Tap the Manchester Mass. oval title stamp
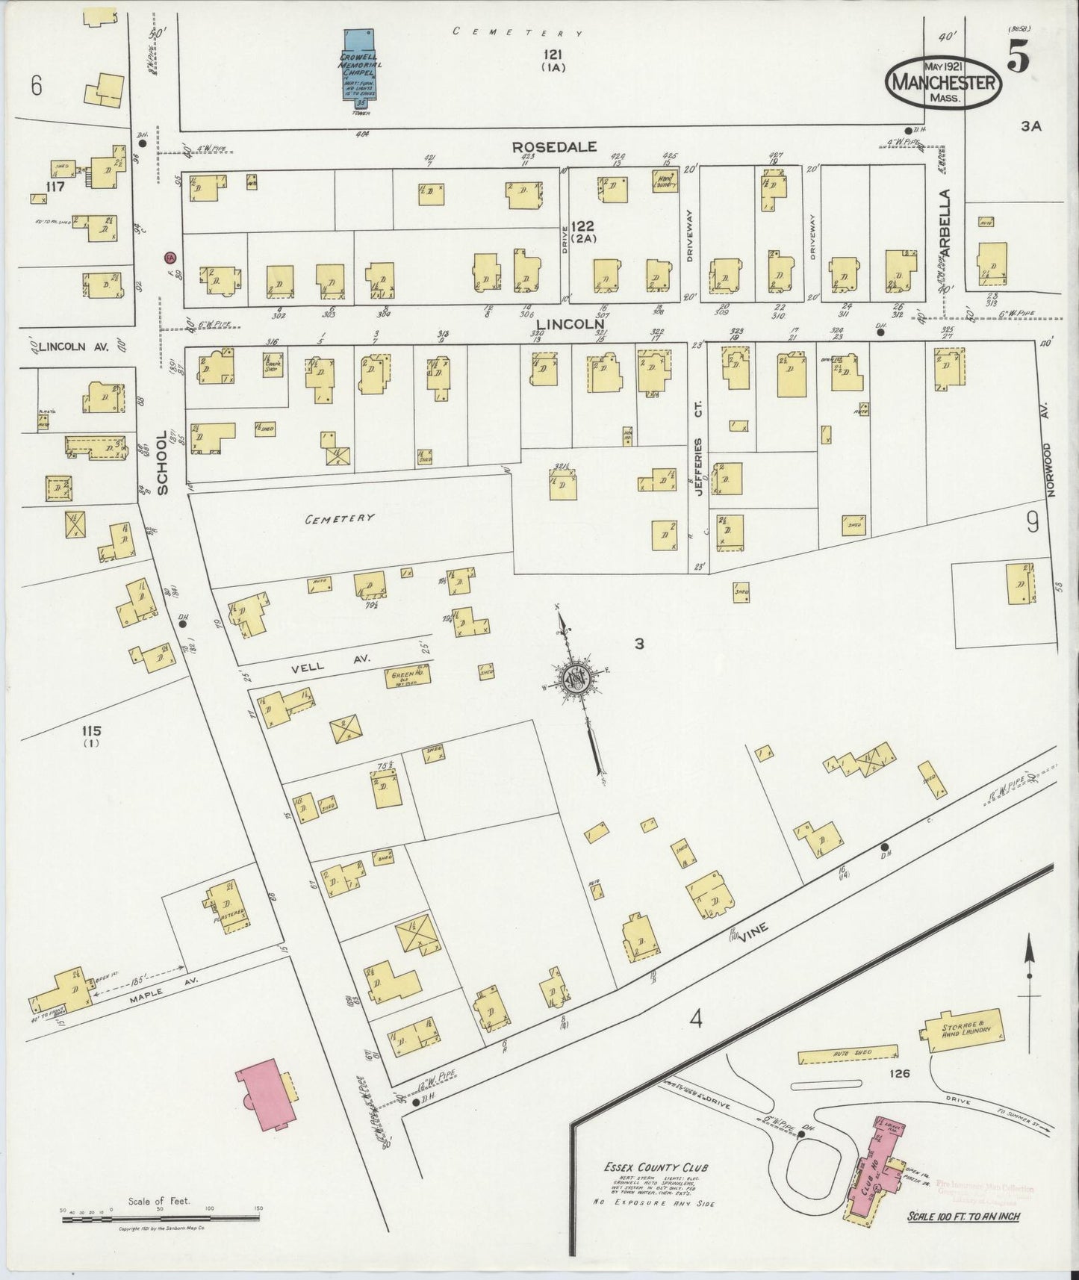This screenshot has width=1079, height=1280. [x=944, y=83]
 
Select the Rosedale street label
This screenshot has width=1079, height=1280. [x=554, y=147]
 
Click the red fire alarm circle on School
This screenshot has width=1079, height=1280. [x=170, y=257]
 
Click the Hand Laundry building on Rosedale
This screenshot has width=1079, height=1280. [x=664, y=182]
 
